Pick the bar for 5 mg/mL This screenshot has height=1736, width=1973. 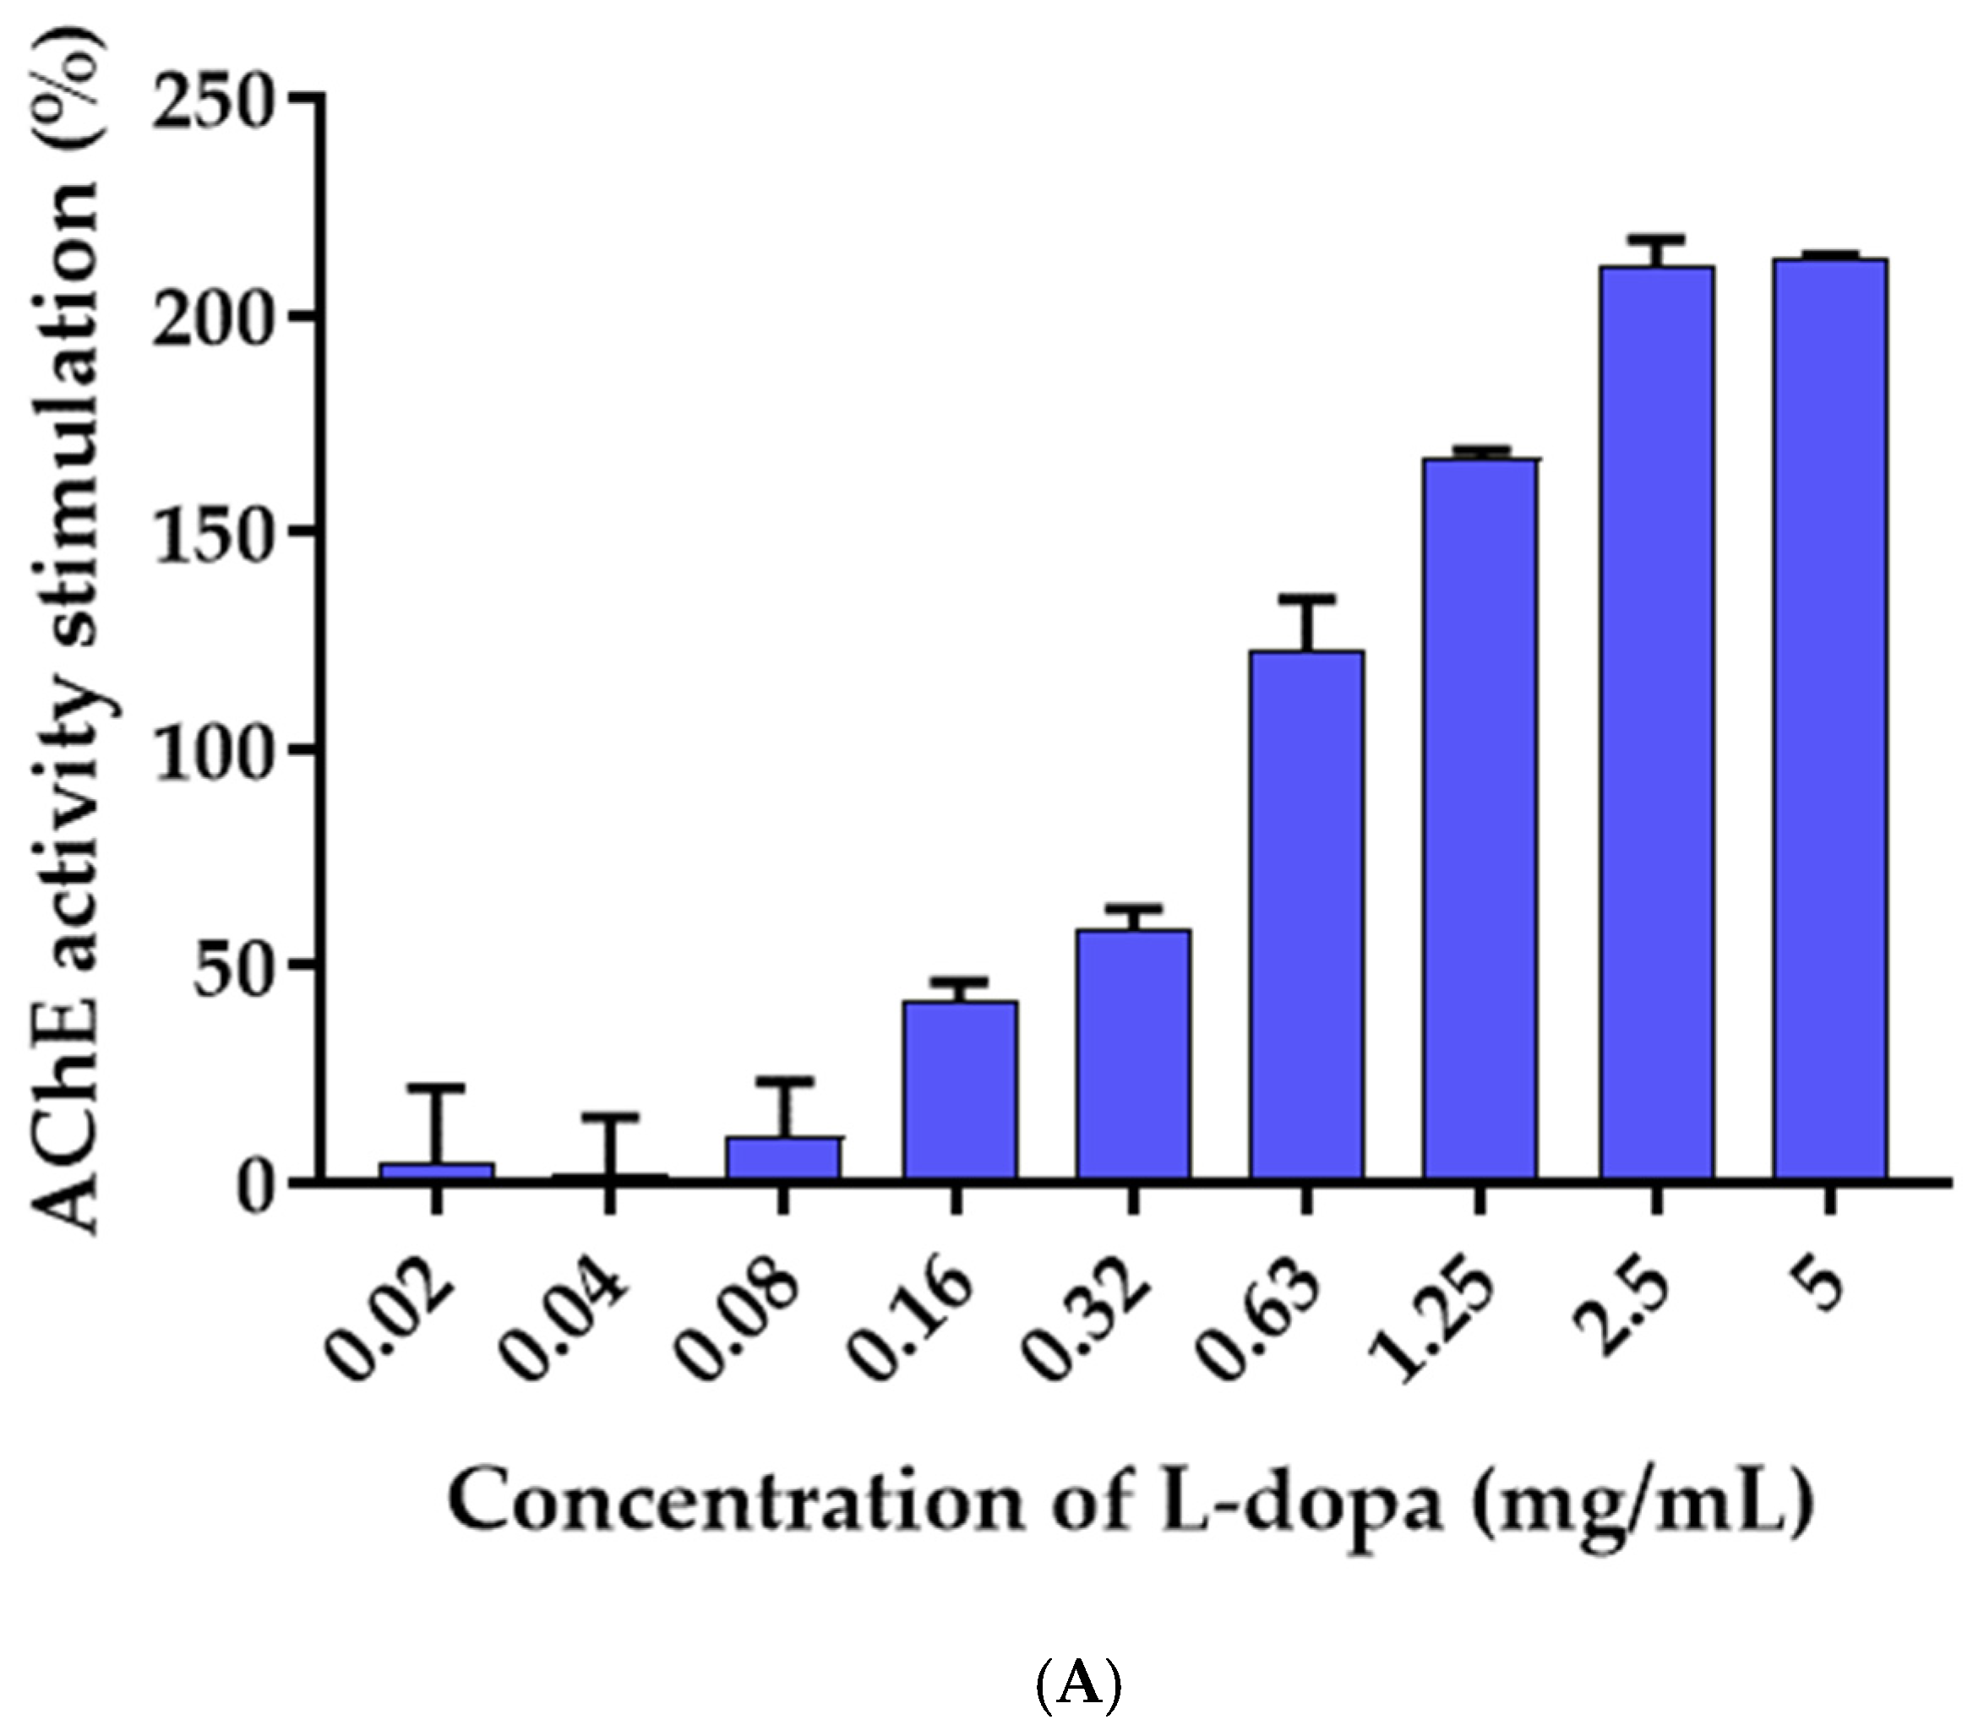[1829, 718]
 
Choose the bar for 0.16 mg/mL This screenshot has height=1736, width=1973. [960, 1090]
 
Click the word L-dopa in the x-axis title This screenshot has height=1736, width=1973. [1293, 1506]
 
